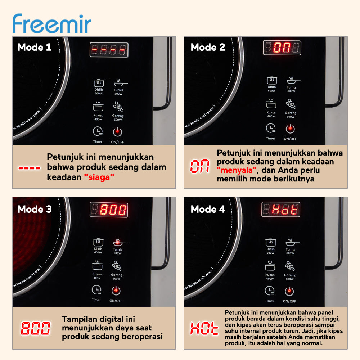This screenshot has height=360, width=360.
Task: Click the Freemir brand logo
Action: click(x=51, y=24)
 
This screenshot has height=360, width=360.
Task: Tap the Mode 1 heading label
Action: click(x=35, y=47)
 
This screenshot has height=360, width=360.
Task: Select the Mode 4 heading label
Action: click(x=208, y=209)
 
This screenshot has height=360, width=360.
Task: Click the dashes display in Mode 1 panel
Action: click(x=109, y=50)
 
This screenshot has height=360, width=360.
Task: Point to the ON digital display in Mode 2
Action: click(x=282, y=48)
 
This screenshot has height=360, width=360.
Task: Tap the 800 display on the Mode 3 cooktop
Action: click(x=109, y=210)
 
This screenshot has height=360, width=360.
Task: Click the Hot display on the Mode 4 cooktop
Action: click(x=280, y=210)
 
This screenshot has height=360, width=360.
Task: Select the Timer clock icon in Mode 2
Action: click(x=271, y=128)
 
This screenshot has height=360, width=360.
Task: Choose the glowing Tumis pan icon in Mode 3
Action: click(x=118, y=243)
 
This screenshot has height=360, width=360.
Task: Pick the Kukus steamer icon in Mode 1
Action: click(x=98, y=107)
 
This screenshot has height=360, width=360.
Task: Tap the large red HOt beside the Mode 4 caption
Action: click(x=204, y=328)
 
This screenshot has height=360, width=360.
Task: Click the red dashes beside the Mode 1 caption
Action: click(x=30, y=168)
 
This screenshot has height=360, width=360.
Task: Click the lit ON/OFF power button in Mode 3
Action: click(x=116, y=291)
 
